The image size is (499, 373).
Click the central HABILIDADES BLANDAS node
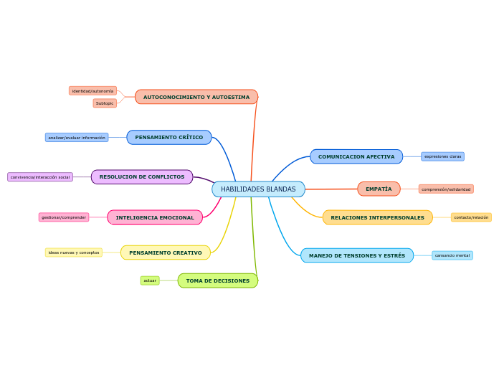[x=258, y=189]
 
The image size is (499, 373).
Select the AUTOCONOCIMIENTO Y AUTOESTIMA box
[x=196, y=97]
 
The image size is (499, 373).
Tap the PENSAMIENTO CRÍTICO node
[x=169, y=137]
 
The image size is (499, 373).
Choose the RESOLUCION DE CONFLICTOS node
[x=142, y=176]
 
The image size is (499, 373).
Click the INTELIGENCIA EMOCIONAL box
[x=155, y=217]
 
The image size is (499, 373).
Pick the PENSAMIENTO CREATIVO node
[x=166, y=252]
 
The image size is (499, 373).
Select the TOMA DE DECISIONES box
[x=218, y=280]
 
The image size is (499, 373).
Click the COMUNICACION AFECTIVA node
[x=356, y=156]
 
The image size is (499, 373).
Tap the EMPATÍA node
[x=379, y=189]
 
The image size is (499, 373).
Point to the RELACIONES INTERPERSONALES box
[x=377, y=217]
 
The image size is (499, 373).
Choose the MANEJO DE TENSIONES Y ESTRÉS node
[x=357, y=255]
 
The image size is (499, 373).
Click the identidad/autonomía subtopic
[x=92, y=91]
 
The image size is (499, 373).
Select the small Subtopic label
[x=105, y=103]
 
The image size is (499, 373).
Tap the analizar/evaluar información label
[x=77, y=137]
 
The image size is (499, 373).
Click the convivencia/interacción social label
[x=40, y=176]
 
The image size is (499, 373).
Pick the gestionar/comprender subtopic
[x=64, y=217]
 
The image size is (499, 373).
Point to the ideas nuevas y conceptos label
[x=74, y=252]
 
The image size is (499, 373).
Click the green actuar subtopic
[x=150, y=280]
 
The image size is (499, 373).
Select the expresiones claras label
[x=442, y=156]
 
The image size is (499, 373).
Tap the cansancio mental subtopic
[x=452, y=255]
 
